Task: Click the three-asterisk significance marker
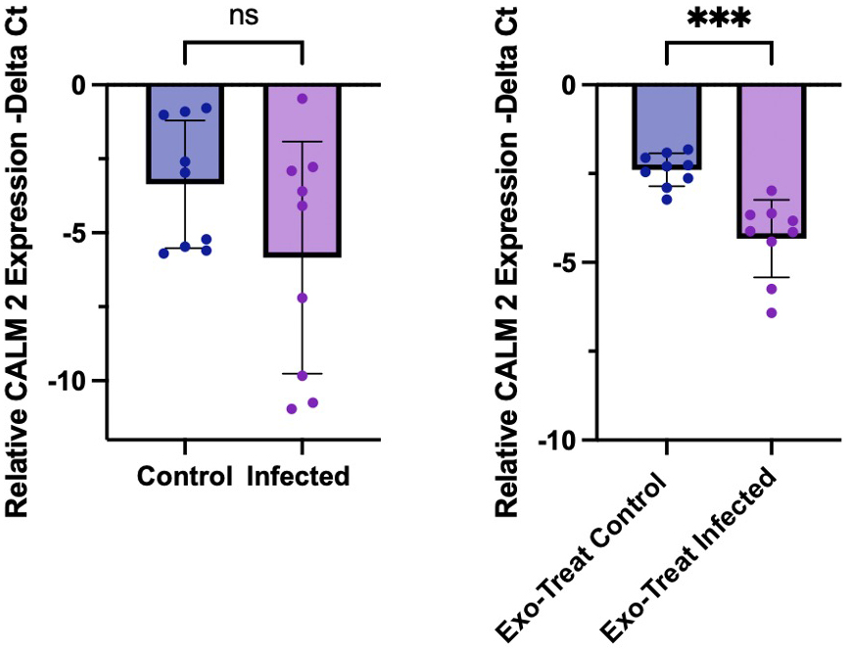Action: pos(719,20)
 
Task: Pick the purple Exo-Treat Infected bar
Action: pos(772,162)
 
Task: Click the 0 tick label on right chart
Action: pos(570,85)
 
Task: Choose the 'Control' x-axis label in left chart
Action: pos(185,478)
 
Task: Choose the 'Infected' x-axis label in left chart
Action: pos(298,478)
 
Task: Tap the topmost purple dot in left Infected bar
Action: pos(303,99)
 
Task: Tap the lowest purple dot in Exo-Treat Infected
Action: pos(772,312)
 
